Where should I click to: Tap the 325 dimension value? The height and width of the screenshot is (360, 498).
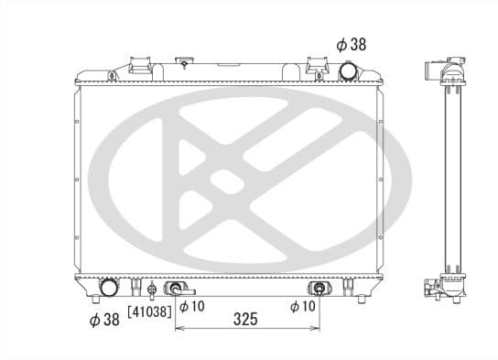(x=244, y=320)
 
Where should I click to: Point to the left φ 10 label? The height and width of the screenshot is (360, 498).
(x=191, y=306)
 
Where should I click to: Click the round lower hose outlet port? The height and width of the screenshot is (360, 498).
(x=108, y=288)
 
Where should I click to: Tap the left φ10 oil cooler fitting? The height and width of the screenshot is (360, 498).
(x=173, y=289)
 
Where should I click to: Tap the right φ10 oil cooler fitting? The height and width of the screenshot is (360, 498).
(x=318, y=289)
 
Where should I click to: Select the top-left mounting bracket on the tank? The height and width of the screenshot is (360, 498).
(x=141, y=65)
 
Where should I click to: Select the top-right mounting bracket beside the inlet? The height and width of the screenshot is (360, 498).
(x=317, y=65)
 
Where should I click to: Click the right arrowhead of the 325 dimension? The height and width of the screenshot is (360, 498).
(x=314, y=328)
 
